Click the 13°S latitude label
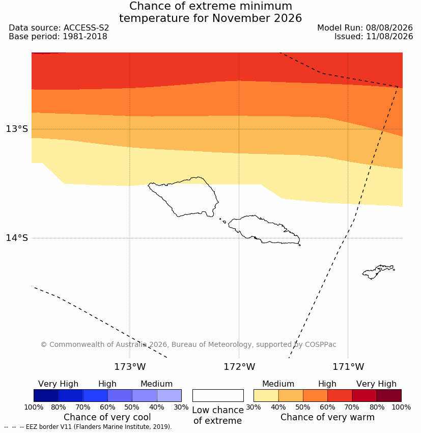[x=17, y=129]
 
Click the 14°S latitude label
[x=17, y=238]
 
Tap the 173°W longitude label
[x=130, y=367]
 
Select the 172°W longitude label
[x=239, y=367]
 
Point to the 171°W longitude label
[x=348, y=367]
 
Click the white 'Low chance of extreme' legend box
[x=218, y=395]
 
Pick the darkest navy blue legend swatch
[x=46, y=395]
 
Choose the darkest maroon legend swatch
[x=389, y=395]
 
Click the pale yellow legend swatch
[x=266, y=395]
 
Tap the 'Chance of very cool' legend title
[x=107, y=417]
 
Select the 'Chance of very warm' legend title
[x=327, y=417]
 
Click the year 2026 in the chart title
[x=288, y=18]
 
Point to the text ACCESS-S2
[x=87, y=28]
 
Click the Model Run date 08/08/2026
[x=389, y=28]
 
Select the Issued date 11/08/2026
[x=389, y=37]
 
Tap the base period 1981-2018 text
[x=85, y=37]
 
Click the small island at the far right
[x=378, y=272]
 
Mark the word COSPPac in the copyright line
[x=320, y=345]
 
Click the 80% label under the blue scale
[x=59, y=408]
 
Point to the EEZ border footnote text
[x=88, y=427]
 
